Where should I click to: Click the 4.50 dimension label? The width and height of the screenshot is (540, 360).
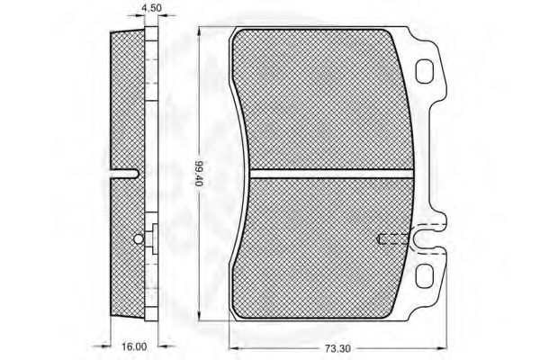click(x=151, y=7)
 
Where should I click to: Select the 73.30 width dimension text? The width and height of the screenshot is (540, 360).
click(x=337, y=349)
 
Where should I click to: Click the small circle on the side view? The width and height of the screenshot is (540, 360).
click(x=138, y=238)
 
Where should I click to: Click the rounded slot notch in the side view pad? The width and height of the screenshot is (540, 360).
click(x=124, y=174)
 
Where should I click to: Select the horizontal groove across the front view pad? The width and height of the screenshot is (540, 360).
click(x=331, y=174)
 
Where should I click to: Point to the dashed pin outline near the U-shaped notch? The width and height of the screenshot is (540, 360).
click(x=392, y=238)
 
